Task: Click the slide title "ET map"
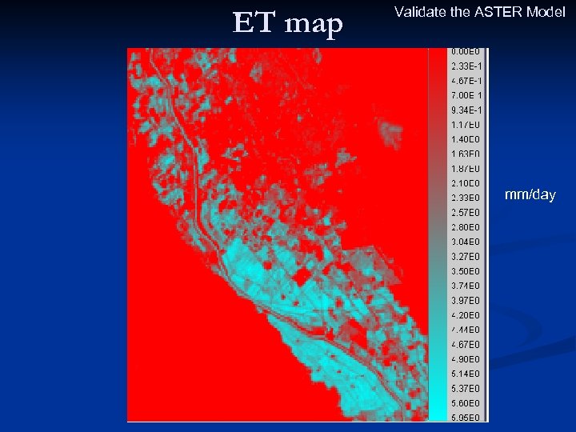click(287, 24)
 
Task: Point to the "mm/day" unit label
click(529, 194)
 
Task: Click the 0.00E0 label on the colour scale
click(466, 51)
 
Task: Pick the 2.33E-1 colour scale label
click(466, 66)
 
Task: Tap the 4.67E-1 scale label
click(466, 81)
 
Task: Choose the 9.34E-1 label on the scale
click(466, 110)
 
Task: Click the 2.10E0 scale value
click(466, 183)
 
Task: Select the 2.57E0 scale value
click(466, 212)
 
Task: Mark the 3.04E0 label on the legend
click(466, 242)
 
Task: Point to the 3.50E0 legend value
click(466, 271)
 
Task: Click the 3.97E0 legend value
click(466, 300)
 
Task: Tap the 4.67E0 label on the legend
click(466, 344)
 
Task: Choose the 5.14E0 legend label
click(466, 374)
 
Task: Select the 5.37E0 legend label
click(466, 388)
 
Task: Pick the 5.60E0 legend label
click(466, 403)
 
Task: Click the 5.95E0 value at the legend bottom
click(466, 417)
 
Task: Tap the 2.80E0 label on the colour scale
click(466, 227)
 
